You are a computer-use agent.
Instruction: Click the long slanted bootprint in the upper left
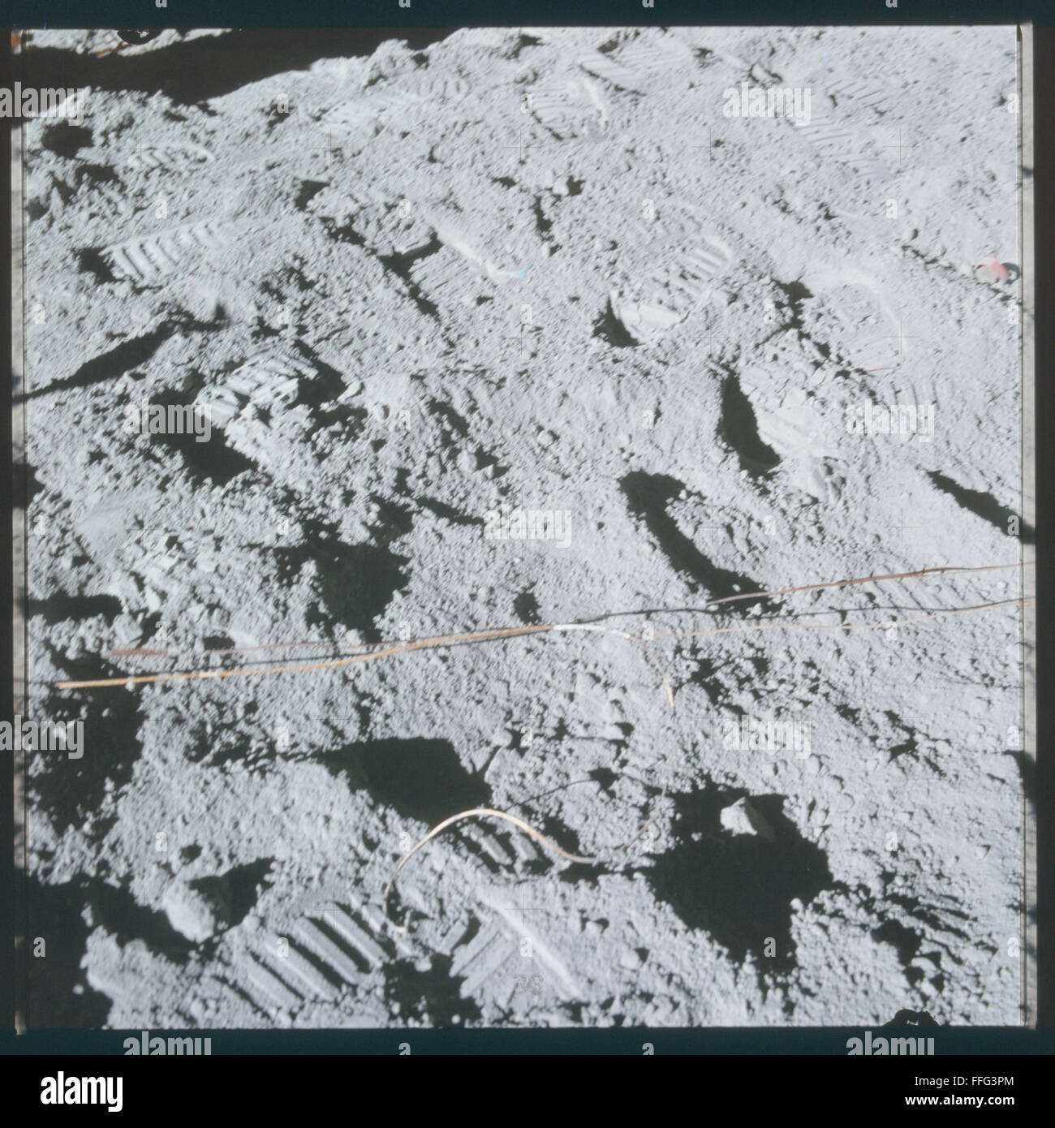point(162,248)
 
